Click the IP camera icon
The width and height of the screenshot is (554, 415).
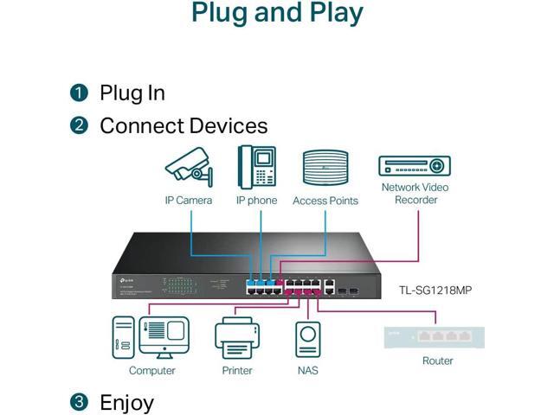[188, 166]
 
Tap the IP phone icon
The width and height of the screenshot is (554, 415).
[256, 167]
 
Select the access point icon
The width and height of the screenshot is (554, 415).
[325, 167]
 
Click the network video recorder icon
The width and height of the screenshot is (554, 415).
[415, 166]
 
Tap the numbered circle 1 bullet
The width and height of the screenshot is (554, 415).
[80, 93]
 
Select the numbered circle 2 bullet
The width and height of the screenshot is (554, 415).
[80, 125]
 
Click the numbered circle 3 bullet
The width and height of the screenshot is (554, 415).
[80, 402]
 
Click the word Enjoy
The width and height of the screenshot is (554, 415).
[126, 402]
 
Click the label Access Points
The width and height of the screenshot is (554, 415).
[325, 201]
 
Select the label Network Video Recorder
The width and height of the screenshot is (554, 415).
[415, 194]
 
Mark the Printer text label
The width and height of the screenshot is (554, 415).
[236, 371]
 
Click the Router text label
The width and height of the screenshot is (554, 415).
[437, 361]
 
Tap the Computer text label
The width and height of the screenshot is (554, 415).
[151, 371]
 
